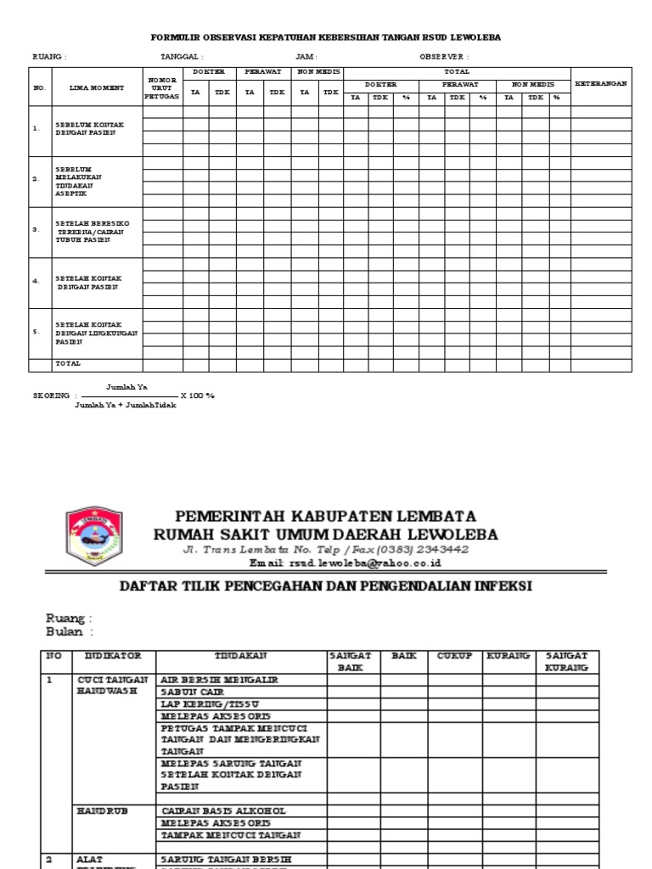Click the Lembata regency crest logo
click(x=93, y=537)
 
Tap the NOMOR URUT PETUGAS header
click(x=162, y=87)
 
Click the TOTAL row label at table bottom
click(x=68, y=364)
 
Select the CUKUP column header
click(x=457, y=656)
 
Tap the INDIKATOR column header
click(x=112, y=656)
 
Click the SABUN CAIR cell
click(x=192, y=692)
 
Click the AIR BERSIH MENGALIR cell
click(x=219, y=680)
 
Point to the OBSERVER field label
click(x=443, y=57)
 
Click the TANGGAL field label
click(x=182, y=57)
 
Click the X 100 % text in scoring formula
click(x=198, y=395)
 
